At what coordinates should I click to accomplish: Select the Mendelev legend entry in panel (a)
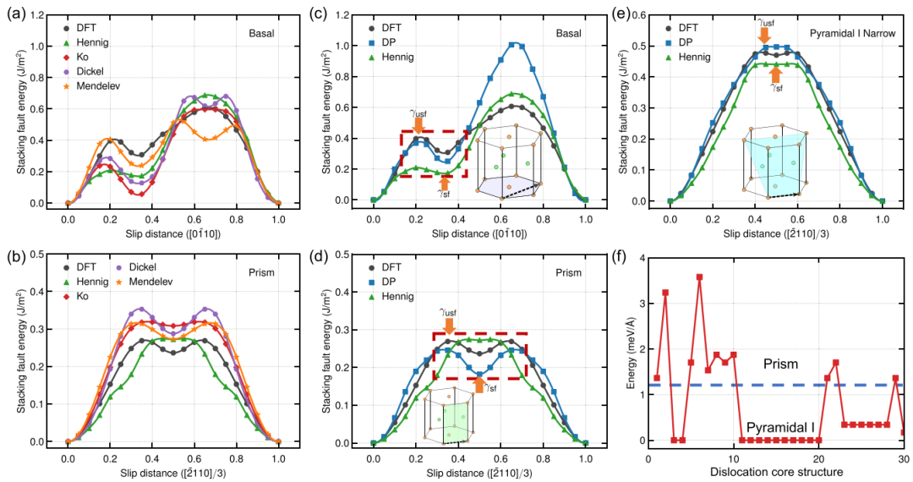click(x=93, y=85)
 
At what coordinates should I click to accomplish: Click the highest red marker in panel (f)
click(x=699, y=277)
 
